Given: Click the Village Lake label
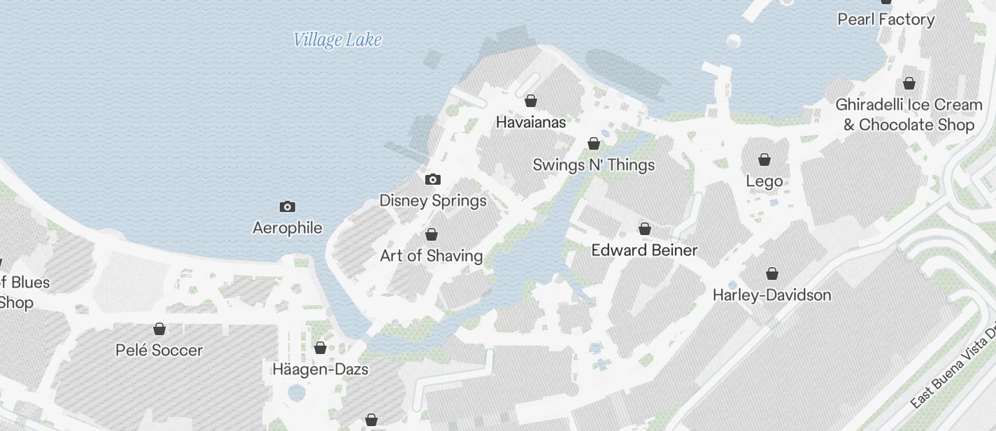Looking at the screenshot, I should click(337, 40).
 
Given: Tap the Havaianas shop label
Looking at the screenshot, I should click(530, 122).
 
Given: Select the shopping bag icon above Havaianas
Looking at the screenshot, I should click(530, 101).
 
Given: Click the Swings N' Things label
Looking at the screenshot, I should click(594, 165).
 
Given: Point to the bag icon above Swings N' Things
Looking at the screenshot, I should click(594, 144).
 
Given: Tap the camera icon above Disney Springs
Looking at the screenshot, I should click(433, 180).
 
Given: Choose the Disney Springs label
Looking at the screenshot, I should click(433, 201).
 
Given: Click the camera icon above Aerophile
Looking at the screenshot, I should click(287, 206).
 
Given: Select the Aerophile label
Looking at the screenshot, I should click(287, 228).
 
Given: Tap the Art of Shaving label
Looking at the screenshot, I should click(431, 256).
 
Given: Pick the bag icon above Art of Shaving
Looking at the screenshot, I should click(432, 234).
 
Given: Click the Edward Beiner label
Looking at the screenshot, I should click(644, 250).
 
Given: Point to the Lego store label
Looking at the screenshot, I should click(764, 182).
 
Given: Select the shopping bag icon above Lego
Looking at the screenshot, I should click(764, 160).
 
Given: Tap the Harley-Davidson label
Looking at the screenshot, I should click(771, 295).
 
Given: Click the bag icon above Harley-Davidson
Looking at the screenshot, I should click(771, 274).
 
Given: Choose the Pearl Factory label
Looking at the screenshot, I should click(886, 20).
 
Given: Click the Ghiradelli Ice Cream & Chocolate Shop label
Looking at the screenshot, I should click(909, 115).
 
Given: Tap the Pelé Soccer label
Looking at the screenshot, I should click(159, 351).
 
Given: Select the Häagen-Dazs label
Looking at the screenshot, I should click(320, 369).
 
